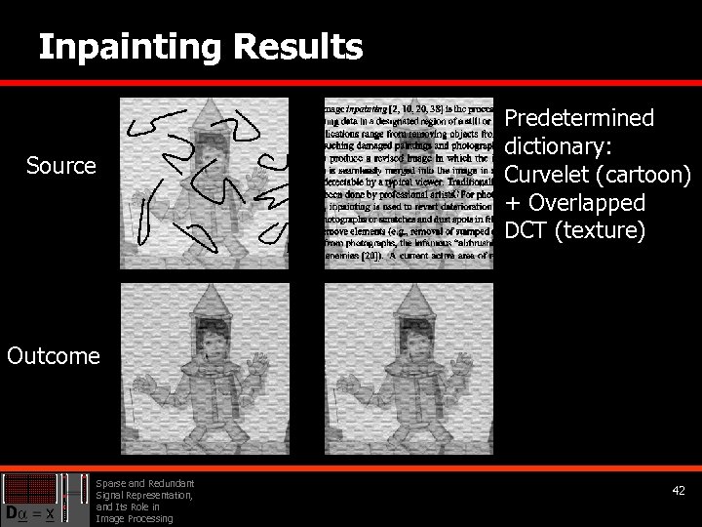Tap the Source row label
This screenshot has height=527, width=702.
tap(61, 167)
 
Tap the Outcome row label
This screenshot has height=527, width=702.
tap(54, 356)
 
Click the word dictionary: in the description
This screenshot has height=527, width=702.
tap(556, 147)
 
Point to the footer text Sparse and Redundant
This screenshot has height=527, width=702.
tap(145, 483)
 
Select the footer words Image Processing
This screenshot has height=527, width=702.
tap(135, 518)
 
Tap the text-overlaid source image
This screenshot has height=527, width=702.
tap(409, 182)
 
